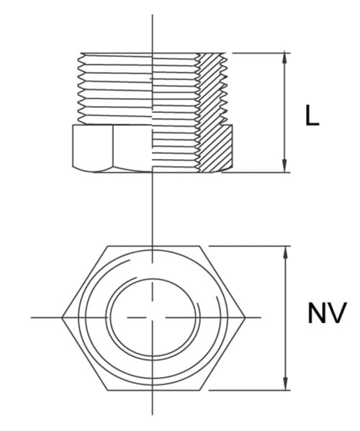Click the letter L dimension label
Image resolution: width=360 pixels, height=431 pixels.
pyautogui.click(x=311, y=117)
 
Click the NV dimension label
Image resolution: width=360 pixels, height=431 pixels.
pyautogui.click(x=328, y=314)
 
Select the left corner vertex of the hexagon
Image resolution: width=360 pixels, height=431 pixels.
pyautogui.click(x=63, y=317)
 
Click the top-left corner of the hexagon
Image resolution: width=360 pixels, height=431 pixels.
pyautogui.click(x=108, y=246)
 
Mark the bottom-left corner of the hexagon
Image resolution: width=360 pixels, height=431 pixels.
pyautogui.click(x=108, y=390)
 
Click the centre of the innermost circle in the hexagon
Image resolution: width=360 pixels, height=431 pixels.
pyautogui.click(x=153, y=317)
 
